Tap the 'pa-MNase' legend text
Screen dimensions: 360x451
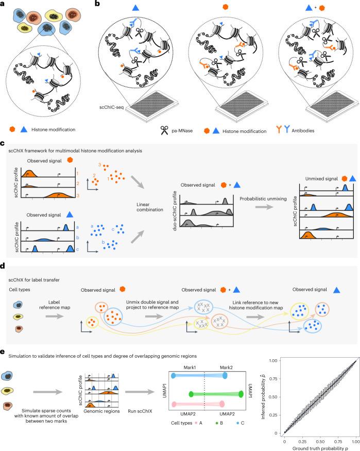click(x=182, y=131)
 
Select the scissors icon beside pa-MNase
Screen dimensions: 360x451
click(x=164, y=130)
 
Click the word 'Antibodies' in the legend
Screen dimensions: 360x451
click(x=303, y=130)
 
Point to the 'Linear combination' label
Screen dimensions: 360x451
click(x=150, y=207)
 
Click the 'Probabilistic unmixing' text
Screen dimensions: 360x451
click(x=263, y=199)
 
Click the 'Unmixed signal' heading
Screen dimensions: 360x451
click(x=321, y=179)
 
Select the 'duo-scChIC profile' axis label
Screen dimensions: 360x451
click(x=175, y=211)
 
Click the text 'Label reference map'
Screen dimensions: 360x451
click(x=55, y=305)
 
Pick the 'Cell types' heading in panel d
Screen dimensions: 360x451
click(x=19, y=290)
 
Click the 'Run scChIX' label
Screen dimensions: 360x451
click(x=140, y=411)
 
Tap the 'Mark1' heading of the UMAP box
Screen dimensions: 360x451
click(x=190, y=368)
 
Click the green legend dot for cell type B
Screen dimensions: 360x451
click(x=216, y=423)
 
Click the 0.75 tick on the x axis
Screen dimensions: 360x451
click(x=338, y=442)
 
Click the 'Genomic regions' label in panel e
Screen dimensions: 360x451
click(x=101, y=411)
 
